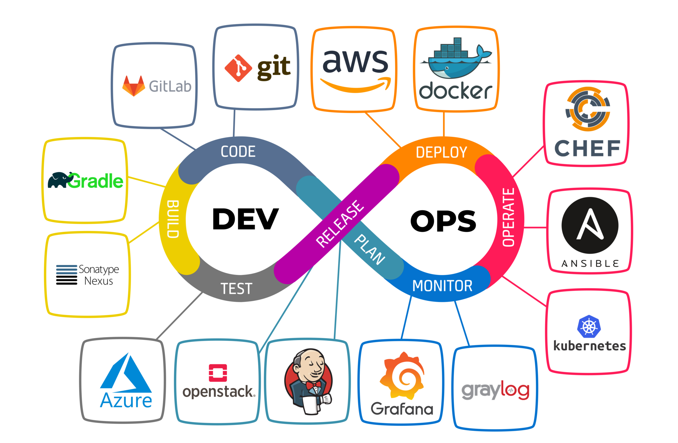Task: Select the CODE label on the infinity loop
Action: point(238,152)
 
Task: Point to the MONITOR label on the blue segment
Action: point(442,286)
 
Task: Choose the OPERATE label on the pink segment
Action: point(508,217)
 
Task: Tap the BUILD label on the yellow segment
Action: point(173,219)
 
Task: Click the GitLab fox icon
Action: point(134,86)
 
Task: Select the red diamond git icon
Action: point(238,68)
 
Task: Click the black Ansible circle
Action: point(590,225)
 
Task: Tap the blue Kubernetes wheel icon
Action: point(589,327)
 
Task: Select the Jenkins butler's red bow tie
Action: point(313,385)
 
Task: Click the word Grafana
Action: point(402,409)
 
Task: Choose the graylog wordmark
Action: point(495,390)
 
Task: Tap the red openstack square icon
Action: point(218,373)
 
